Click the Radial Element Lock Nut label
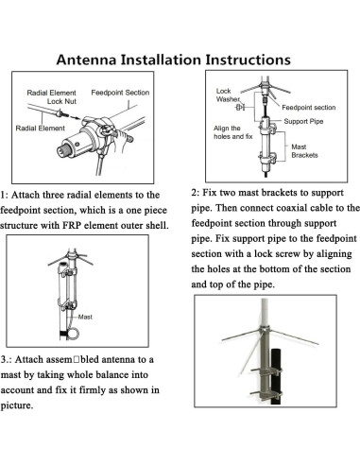53,96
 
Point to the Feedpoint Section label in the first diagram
120,93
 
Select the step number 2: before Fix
197,190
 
